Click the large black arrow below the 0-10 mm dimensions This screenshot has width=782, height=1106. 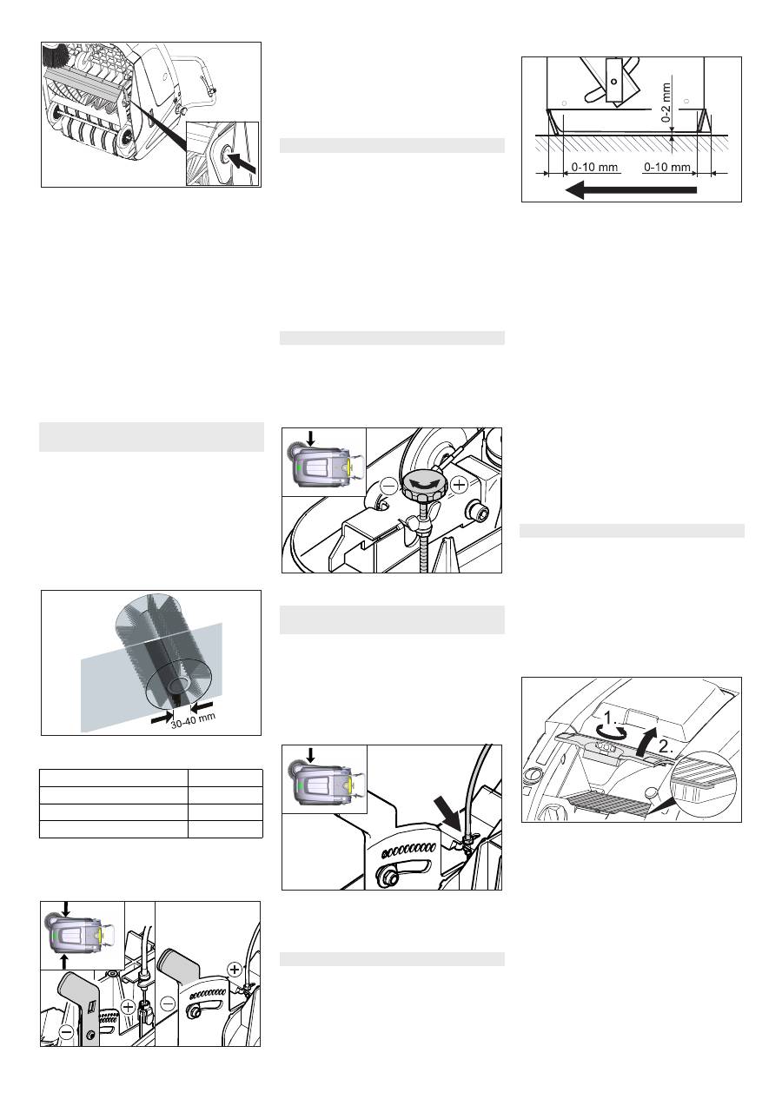coord(631,189)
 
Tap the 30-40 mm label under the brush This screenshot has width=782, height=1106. coord(194,720)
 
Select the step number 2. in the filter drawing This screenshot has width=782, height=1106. coord(666,746)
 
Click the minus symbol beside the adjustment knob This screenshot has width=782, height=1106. coord(389,487)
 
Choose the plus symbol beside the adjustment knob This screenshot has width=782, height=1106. coord(460,486)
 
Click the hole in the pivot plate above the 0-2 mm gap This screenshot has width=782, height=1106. coord(613,82)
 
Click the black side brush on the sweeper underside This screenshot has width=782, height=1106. coord(56,55)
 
